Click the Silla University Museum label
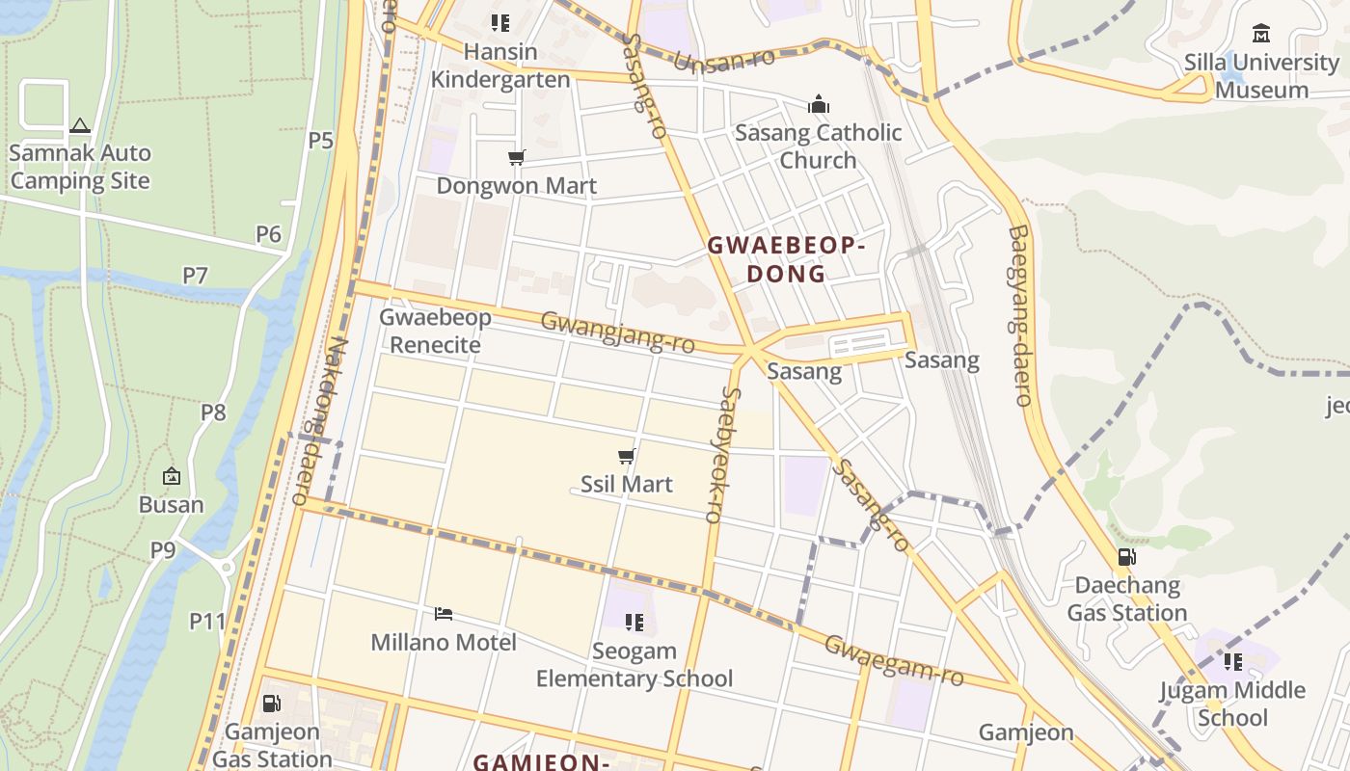[x=1261, y=76]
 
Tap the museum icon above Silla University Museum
[x=1260, y=34]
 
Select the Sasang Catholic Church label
[x=818, y=146]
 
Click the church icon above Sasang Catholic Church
[x=819, y=104]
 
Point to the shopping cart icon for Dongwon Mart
[x=517, y=157]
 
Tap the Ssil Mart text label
[x=626, y=484]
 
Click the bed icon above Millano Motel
[x=444, y=614]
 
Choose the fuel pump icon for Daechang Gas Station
[x=1126, y=556]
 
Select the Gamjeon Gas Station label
[x=272, y=746]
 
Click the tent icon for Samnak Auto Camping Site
[x=80, y=125]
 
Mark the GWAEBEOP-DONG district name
[x=786, y=259]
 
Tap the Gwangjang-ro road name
[x=617, y=332]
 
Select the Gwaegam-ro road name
[x=893, y=660]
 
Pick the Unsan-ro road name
[x=724, y=60]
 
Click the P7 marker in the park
[x=196, y=276]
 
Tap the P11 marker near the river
[x=206, y=622]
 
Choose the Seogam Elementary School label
[x=634, y=665]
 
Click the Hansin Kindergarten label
[x=499, y=66]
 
